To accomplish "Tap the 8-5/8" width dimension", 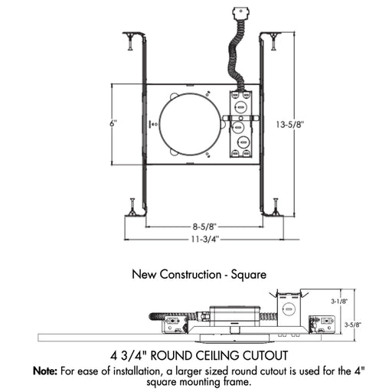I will pyautogui.click(x=204, y=226).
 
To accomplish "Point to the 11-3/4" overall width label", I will pyautogui.click(x=204, y=238).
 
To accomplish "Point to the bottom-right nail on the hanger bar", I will pyautogui.click(x=274, y=207).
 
